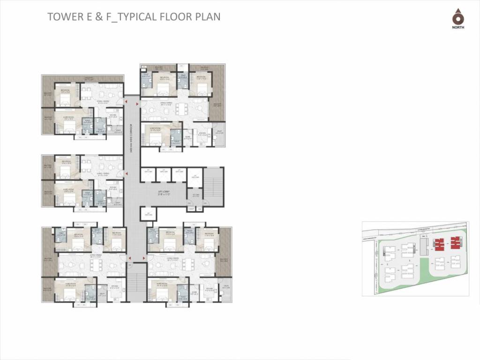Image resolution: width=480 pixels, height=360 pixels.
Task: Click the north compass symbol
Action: pos(457,17)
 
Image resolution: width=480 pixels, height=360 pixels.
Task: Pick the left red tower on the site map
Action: pos(439,244)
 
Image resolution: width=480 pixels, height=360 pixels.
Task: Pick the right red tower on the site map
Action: pos(455,243)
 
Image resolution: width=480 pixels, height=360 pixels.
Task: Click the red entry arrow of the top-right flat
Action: pos(137,104)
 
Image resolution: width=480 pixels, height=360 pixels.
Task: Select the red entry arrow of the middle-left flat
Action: pos(125,173)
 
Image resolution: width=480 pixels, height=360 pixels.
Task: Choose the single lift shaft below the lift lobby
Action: pos(150,215)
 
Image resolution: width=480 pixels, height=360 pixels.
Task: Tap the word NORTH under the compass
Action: pos(457,28)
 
